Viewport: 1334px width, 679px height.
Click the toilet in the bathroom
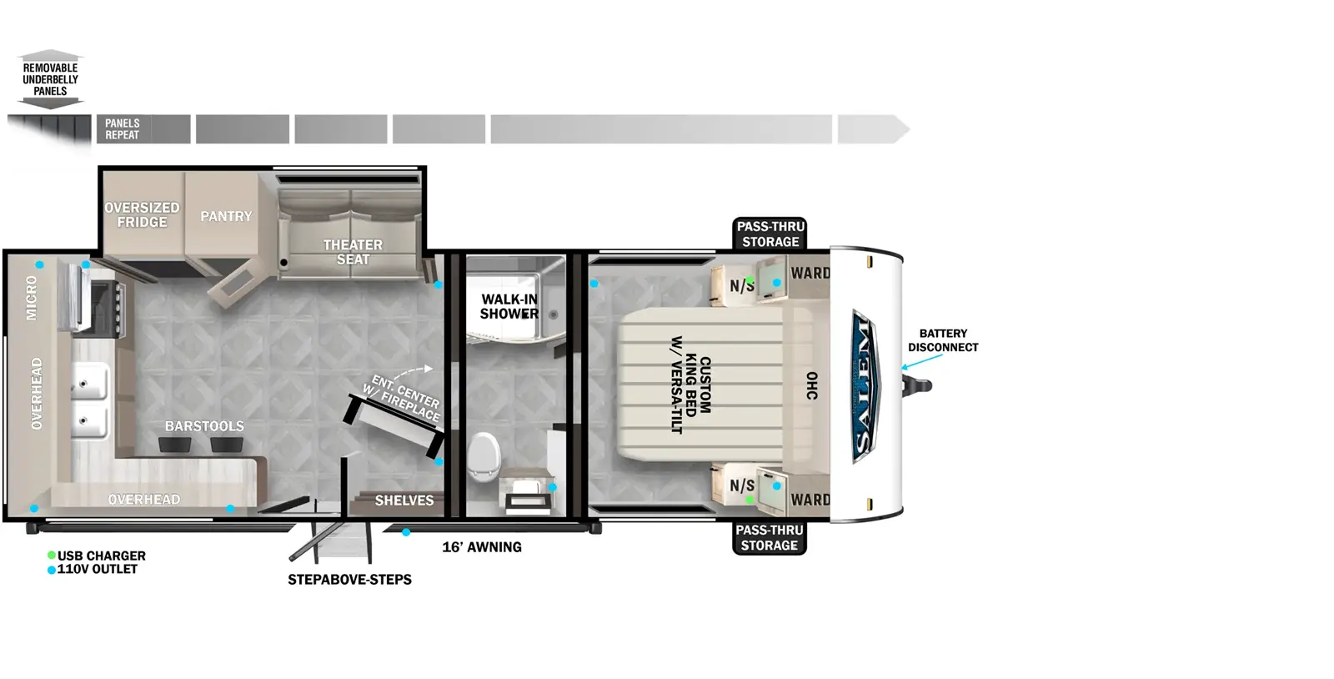click(x=483, y=456)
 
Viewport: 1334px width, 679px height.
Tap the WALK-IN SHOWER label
click(x=509, y=307)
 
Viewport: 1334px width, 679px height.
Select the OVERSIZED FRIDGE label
click(x=142, y=214)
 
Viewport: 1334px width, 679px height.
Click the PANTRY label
click(x=226, y=216)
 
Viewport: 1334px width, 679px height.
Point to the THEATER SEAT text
click(x=354, y=252)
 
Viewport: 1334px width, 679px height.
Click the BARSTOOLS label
click(x=204, y=426)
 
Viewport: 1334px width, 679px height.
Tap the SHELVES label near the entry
click(x=404, y=500)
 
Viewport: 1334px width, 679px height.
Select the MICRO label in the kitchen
click(x=31, y=298)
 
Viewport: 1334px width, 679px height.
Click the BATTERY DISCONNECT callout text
click(x=943, y=340)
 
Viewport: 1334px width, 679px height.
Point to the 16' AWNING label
click(x=482, y=546)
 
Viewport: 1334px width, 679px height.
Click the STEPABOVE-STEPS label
click(x=349, y=580)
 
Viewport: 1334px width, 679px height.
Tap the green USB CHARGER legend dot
click(x=52, y=555)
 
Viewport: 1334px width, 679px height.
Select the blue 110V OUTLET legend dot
click(x=52, y=570)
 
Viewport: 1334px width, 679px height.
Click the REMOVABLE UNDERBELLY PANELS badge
click(x=51, y=79)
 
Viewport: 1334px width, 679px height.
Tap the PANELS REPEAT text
click(x=122, y=129)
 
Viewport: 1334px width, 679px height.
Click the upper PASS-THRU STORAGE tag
click(x=770, y=234)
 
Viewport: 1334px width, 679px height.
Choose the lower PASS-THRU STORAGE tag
click(x=770, y=538)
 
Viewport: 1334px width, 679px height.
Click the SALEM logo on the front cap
click(x=865, y=386)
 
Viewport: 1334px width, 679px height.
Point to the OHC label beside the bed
click(x=812, y=386)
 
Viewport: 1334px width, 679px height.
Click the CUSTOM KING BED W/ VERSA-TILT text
click(x=691, y=385)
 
